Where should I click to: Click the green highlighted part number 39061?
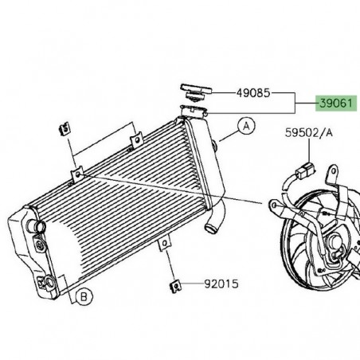point(335,104)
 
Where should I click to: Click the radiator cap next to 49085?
point(194,88)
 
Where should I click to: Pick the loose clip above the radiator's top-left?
point(61,128)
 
